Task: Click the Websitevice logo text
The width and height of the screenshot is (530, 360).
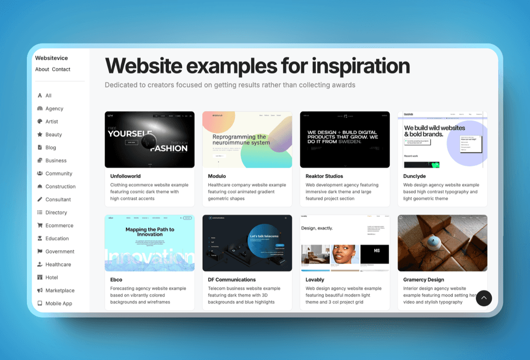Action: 51,58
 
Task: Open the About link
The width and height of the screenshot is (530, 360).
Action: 42,69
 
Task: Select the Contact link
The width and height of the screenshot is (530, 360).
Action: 61,69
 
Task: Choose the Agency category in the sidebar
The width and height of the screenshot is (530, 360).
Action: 54,109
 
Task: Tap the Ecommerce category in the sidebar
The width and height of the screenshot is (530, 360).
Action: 59,226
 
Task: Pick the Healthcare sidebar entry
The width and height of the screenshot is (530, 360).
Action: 58,265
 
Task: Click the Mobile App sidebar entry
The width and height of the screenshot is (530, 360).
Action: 58,304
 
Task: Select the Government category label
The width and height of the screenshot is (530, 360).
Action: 60,252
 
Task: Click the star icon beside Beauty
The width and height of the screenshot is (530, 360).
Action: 40,135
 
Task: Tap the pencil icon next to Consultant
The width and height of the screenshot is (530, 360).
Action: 40,199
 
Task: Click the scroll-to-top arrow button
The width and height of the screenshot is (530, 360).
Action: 483,298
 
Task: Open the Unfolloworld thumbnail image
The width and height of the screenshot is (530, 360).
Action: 150,139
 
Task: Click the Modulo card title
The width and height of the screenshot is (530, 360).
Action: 217,176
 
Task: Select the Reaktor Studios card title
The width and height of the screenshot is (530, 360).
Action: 324,176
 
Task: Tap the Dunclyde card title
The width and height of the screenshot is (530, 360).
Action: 415,176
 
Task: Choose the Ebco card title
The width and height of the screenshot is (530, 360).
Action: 116,280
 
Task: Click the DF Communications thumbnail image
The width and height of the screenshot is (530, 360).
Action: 247,243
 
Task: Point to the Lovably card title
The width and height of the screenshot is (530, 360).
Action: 315,280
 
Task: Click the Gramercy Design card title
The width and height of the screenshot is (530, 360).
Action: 423,280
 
